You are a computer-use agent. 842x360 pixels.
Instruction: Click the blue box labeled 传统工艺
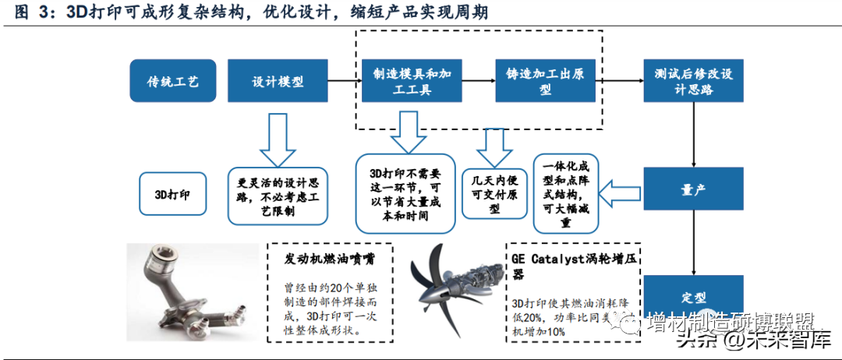pyautogui.click(x=173, y=81)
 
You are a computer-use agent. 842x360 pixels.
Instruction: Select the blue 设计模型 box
pyautogui.click(x=278, y=81)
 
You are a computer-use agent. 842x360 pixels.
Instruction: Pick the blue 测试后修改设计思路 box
pyautogui.click(x=693, y=81)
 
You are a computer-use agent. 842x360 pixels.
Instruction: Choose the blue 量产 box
pyautogui.click(x=693, y=189)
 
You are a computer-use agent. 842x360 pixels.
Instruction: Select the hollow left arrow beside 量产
pyautogui.click(x=621, y=190)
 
